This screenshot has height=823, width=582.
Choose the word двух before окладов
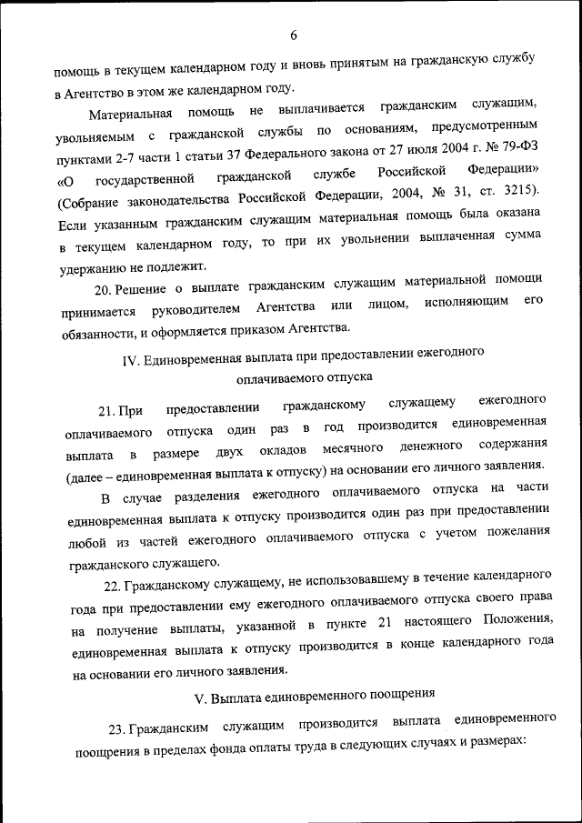[229, 451]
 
